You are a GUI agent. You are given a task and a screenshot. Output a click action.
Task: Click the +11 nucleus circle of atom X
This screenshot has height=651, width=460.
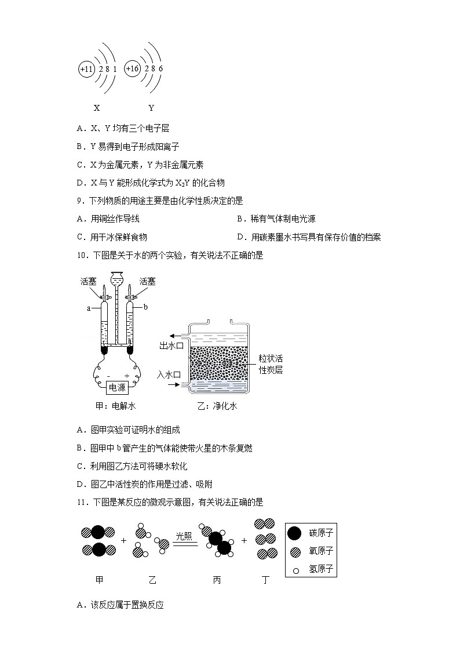coord(86,70)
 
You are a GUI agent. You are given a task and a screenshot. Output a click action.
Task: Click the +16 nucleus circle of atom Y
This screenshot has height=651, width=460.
coord(133,69)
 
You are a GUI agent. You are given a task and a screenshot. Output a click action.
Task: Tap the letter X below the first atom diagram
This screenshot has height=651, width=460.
coord(97,108)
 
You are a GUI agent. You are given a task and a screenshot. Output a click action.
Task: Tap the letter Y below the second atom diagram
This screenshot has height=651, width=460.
coord(151,108)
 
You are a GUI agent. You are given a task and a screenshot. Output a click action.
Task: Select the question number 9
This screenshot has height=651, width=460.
coord(81,201)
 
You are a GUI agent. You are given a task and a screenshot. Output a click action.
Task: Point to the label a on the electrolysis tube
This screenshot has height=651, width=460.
coord(89,308)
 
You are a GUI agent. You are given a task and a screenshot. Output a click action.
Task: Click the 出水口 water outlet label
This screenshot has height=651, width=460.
coord(171,346)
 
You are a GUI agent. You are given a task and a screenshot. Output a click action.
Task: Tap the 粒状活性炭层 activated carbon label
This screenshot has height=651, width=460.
coord(271,365)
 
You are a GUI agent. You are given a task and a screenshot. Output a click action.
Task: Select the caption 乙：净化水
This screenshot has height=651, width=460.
coord(217,406)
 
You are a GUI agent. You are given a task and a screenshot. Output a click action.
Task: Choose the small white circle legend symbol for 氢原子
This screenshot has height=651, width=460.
coord(295,570)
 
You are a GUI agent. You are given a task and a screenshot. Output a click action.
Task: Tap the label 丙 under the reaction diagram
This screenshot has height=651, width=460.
coord(217,580)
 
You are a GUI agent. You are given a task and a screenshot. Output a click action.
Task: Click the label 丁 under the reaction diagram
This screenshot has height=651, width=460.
coord(265,580)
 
